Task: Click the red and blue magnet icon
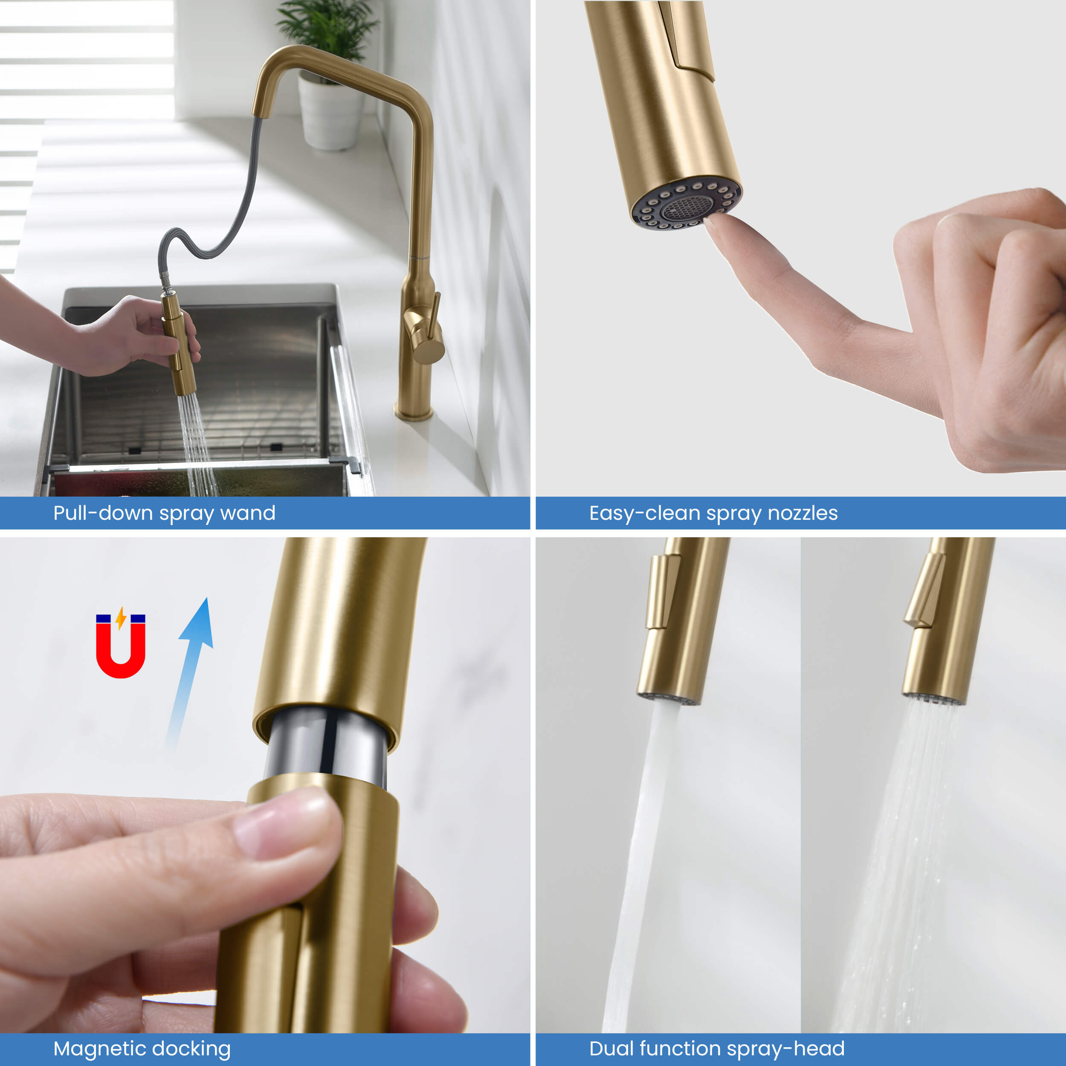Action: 120,643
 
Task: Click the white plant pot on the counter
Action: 330,113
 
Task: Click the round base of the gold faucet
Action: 413,413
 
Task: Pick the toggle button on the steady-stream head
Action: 663,591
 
